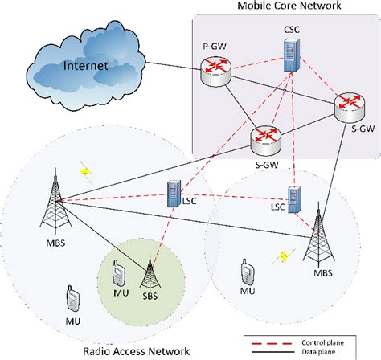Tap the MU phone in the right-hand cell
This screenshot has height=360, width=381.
coord(246,271)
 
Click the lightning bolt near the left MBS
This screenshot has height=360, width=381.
coord(84,171)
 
